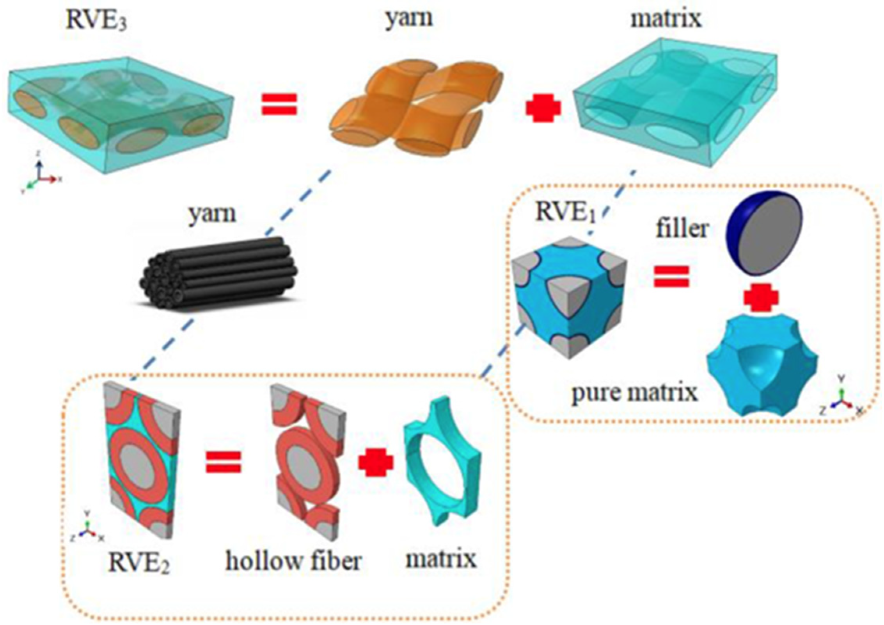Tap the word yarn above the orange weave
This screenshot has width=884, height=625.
coord(408,17)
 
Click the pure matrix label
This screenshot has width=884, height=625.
coord(634,392)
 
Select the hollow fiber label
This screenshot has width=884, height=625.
coord(293,561)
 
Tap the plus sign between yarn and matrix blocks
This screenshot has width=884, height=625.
coord(543,108)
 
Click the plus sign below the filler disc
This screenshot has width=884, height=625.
coord(761,298)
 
